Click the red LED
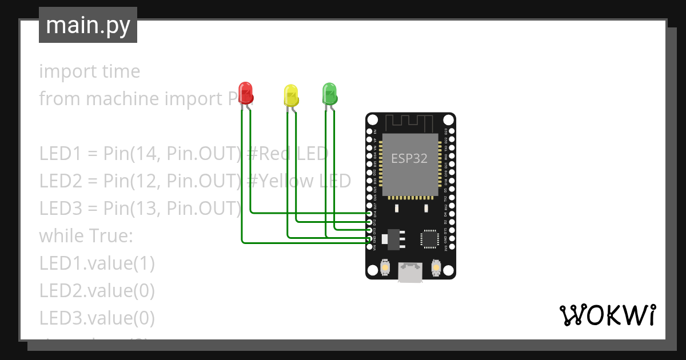tap(246, 93)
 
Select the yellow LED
tap(291, 95)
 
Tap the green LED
tap(330, 93)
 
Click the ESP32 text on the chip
tap(409, 159)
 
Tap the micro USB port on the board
tap(410, 272)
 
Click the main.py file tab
tap(88, 25)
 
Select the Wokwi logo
tap(607, 315)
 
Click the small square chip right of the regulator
tap(429, 239)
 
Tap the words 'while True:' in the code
tap(86, 235)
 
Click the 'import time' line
tap(89, 71)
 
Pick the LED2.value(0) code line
tap(97, 290)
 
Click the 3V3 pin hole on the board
tap(452, 247)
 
